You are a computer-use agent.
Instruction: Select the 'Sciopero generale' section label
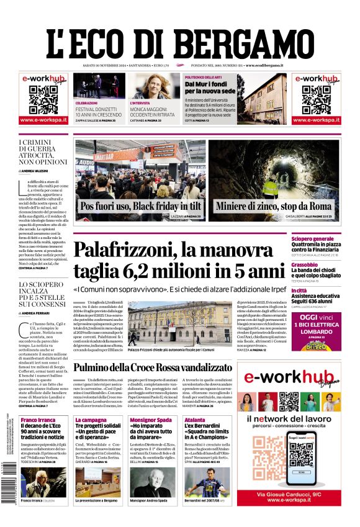point(312,238)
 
